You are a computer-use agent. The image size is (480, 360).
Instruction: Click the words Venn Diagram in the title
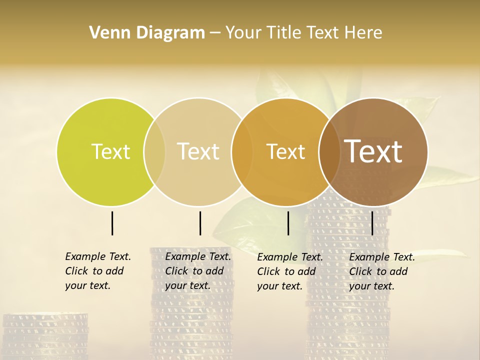coord(147,33)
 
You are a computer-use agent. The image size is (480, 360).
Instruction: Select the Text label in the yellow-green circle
coord(110,151)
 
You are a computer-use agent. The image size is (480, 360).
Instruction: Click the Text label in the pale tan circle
coord(198,151)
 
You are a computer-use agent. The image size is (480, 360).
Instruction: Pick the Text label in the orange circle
coord(285,151)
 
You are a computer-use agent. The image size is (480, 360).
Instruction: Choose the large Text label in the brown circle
coord(373,151)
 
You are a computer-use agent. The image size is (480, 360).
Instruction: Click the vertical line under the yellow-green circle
coord(112,223)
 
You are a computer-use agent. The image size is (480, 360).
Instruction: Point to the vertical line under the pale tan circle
coord(200,223)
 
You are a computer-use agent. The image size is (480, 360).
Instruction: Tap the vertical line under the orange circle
coord(288,223)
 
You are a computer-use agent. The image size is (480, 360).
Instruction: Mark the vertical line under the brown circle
coord(372,223)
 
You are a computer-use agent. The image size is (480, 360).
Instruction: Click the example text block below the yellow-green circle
coord(97,271)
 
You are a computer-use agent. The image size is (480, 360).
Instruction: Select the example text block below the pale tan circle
coord(197,271)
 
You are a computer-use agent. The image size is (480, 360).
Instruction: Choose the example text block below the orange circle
coord(289,271)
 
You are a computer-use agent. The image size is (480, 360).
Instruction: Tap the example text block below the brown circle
coord(381,271)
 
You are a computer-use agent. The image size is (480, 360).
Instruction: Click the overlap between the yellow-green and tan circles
coord(154,152)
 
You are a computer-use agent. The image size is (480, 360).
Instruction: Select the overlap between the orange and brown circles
coord(328,152)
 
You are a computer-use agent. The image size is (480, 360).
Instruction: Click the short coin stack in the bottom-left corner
coord(45,335)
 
